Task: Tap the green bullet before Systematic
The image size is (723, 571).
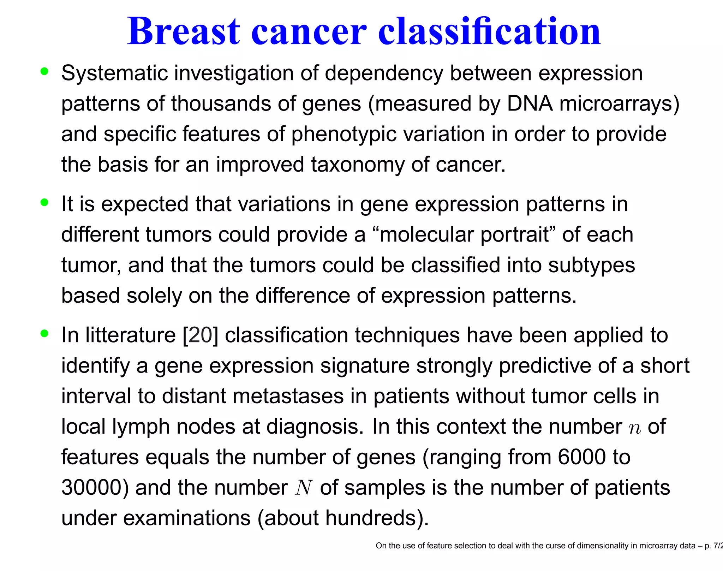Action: (44, 71)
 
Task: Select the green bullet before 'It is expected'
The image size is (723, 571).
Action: (44, 202)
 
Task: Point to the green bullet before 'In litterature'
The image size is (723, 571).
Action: (44, 333)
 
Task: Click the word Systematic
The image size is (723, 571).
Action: (114, 73)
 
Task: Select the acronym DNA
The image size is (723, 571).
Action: (530, 104)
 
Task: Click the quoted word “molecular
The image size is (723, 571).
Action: (423, 235)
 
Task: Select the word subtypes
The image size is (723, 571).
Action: (591, 265)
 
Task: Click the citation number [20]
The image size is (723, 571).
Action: (200, 335)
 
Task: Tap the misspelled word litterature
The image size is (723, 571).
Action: (130, 335)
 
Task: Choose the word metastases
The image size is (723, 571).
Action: (288, 396)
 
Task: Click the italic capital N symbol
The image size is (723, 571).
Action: (304, 488)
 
